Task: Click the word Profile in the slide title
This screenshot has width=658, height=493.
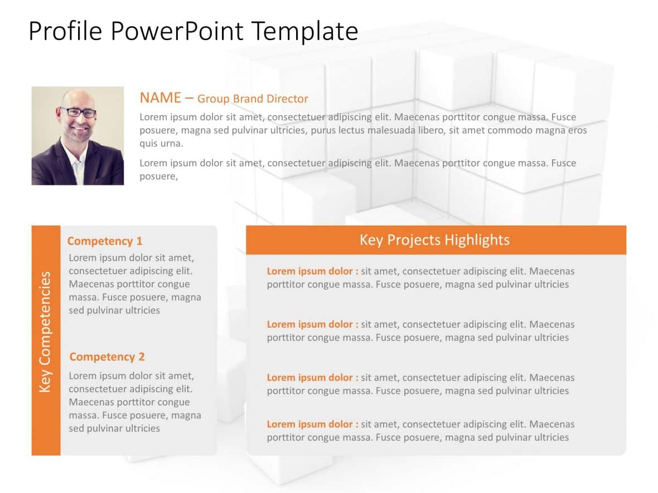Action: pos(65,32)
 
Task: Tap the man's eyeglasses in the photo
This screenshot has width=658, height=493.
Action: pos(78,113)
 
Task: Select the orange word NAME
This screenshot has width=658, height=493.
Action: pos(160,98)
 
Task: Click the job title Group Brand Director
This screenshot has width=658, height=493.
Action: pos(253,99)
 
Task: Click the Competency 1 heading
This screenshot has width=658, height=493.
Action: pos(105,241)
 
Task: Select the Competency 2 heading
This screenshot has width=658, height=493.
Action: pos(107,357)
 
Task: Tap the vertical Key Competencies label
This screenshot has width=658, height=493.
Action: pos(46,331)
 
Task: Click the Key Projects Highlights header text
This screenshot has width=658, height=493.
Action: pos(434,240)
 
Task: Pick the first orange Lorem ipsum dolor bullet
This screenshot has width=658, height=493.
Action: pos(312,271)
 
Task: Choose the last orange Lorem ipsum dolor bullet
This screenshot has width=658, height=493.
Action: pos(312,424)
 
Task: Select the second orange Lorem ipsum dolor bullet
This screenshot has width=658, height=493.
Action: pos(312,324)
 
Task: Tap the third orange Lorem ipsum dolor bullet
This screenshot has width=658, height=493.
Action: pos(312,378)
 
